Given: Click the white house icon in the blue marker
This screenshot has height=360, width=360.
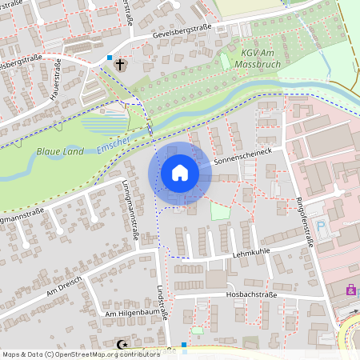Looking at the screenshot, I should click(x=180, y=173).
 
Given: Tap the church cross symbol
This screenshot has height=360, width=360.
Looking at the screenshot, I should click(x=120, y=64).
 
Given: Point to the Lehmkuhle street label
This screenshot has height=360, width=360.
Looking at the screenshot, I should click(x=250, y=251).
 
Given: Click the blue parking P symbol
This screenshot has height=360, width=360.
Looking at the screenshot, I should click(x=322, y=226).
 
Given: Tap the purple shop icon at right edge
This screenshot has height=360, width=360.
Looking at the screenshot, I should click(x=350, y=290).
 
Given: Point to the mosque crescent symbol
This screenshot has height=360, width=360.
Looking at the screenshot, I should click(x=122, y=344).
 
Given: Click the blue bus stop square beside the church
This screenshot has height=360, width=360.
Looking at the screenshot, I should click(x=110, y=58).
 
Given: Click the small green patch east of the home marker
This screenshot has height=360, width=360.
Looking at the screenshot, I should click(x=219, y=211).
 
